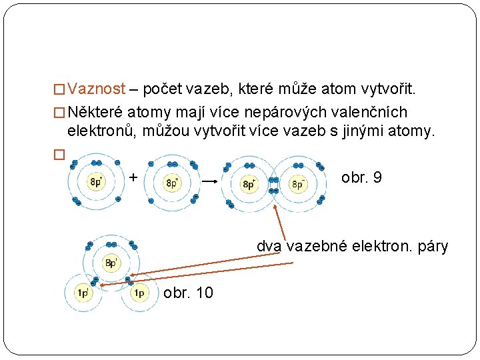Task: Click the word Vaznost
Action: coord(96,89)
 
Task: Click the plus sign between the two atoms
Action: coord(133,177)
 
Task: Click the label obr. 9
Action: coord(361,178)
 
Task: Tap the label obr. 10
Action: coord(188,293)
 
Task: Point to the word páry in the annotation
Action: coord(432,247)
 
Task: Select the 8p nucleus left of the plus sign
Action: coord(96,182)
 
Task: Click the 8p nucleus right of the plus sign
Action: coord(172,182)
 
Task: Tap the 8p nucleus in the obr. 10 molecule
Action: coord(111,262)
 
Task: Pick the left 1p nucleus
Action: coord(83,292)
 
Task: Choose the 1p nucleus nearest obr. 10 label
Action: coord(139,293)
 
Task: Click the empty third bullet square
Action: coord(57,153)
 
